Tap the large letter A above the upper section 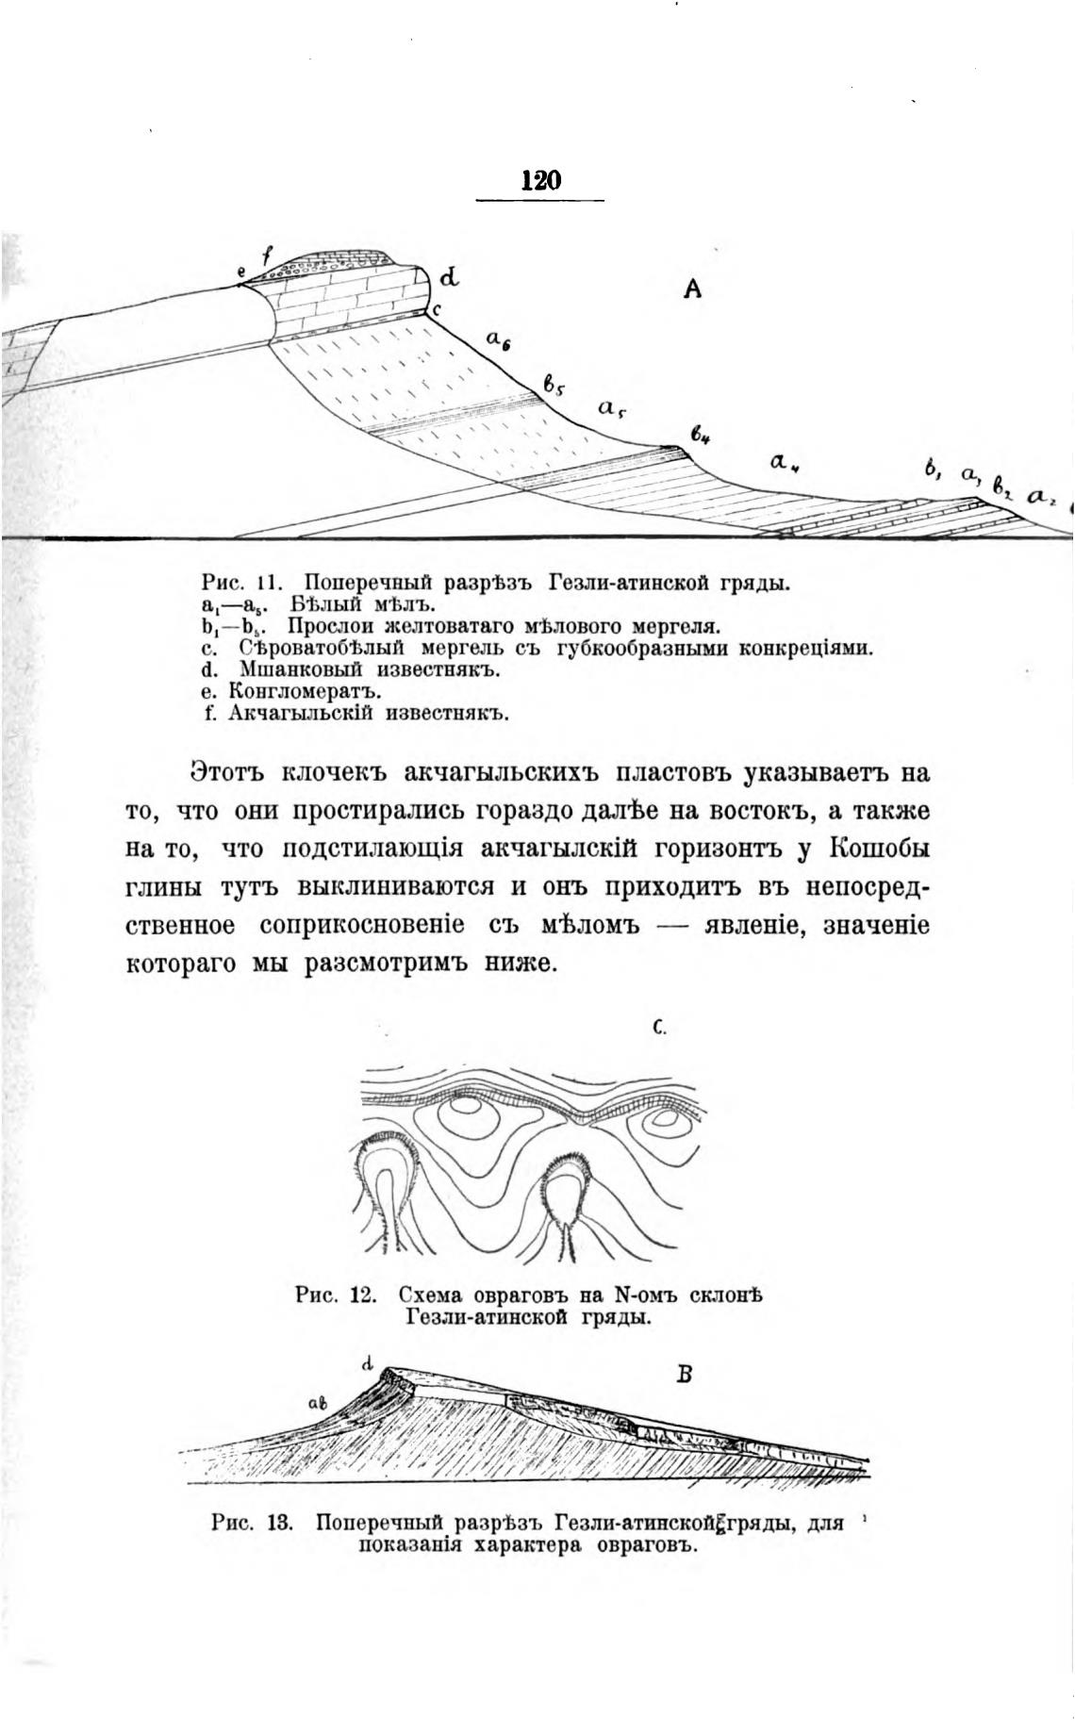[x=692, y=290]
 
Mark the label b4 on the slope [x=700, y=436]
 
